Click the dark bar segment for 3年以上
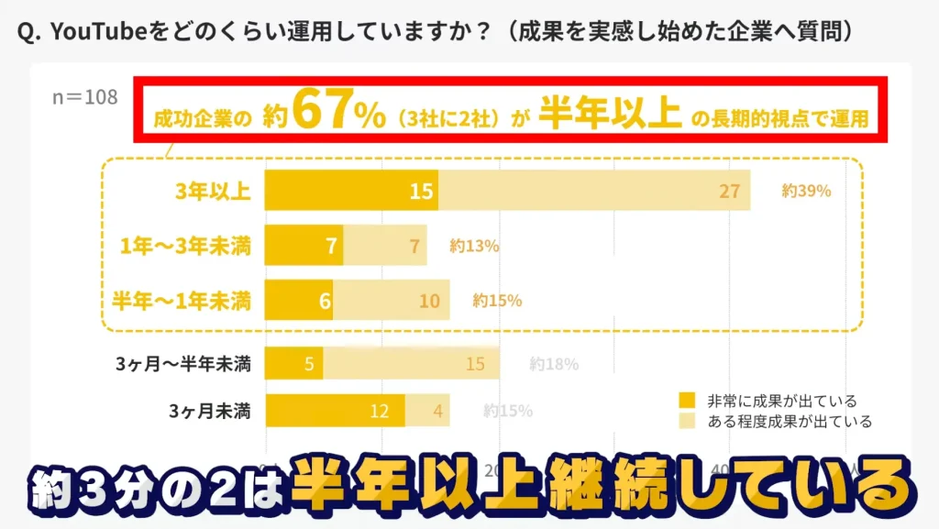351,191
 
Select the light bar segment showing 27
594,191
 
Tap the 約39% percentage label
806,192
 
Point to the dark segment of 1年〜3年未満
304,246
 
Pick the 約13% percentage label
474,246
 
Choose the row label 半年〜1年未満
182,300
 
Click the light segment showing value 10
392,300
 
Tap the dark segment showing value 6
299,300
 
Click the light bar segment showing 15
411,363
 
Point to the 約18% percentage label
554,364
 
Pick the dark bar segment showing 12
335,410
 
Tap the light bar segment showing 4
427,410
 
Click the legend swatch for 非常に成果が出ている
687,401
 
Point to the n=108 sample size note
85,96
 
